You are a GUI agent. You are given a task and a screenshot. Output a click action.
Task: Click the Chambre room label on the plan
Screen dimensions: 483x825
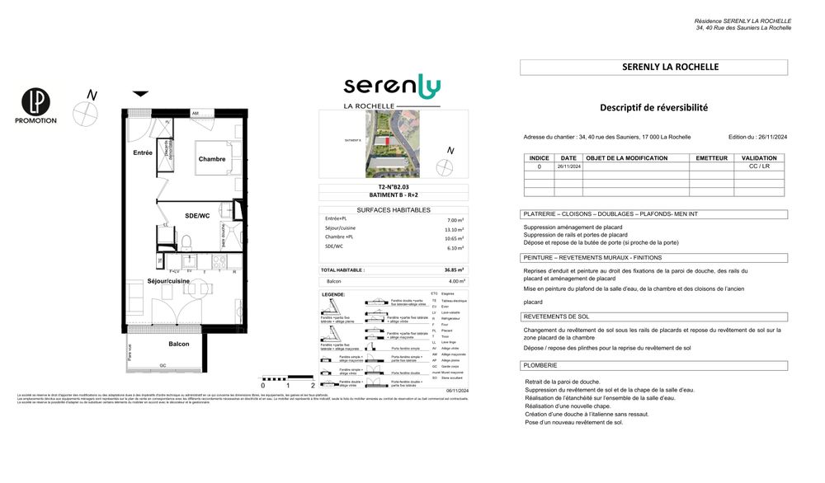(x=211, y=159)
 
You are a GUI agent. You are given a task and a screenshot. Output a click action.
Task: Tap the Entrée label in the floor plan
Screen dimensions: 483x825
(x=143, y=152)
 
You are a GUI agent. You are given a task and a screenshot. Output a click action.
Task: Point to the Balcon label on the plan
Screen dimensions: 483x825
(x=179, y=344)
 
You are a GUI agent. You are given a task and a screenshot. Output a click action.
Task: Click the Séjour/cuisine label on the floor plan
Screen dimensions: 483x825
(x=168, y=281)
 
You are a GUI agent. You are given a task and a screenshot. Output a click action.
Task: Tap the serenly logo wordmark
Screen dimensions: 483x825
(x=392, y=85)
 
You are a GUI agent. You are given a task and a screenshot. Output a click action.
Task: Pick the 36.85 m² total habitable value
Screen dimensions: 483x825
(x=455, y=270)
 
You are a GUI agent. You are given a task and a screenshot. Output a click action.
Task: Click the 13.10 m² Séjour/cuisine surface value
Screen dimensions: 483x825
(x=455, y=230)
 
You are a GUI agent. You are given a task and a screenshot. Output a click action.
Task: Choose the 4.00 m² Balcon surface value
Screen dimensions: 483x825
(x=456, y=281)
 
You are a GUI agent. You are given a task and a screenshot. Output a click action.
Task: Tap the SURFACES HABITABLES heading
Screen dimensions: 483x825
(x=394, y=210)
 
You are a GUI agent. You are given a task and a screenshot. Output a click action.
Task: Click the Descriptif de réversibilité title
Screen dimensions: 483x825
(x=653, y=107)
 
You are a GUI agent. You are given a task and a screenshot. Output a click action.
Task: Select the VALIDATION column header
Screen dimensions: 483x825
(x=758, y=157)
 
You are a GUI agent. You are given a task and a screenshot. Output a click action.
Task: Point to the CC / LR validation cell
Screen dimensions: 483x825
(x=758, y=166)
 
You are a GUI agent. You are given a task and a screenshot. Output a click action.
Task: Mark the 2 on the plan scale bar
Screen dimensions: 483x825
(x=313, y=385)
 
